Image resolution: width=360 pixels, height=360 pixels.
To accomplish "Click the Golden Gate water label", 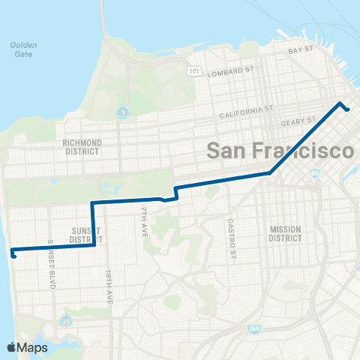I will (24, 49).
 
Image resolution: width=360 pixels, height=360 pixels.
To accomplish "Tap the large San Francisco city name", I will (280, 151).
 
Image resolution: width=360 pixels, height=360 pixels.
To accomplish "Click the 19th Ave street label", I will (109, 286).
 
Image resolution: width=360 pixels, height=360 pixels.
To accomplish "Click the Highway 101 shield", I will (194, 72).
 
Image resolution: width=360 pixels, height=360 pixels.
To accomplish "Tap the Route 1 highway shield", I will (121, 112).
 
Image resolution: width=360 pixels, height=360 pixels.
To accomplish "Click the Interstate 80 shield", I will (314, 173).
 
